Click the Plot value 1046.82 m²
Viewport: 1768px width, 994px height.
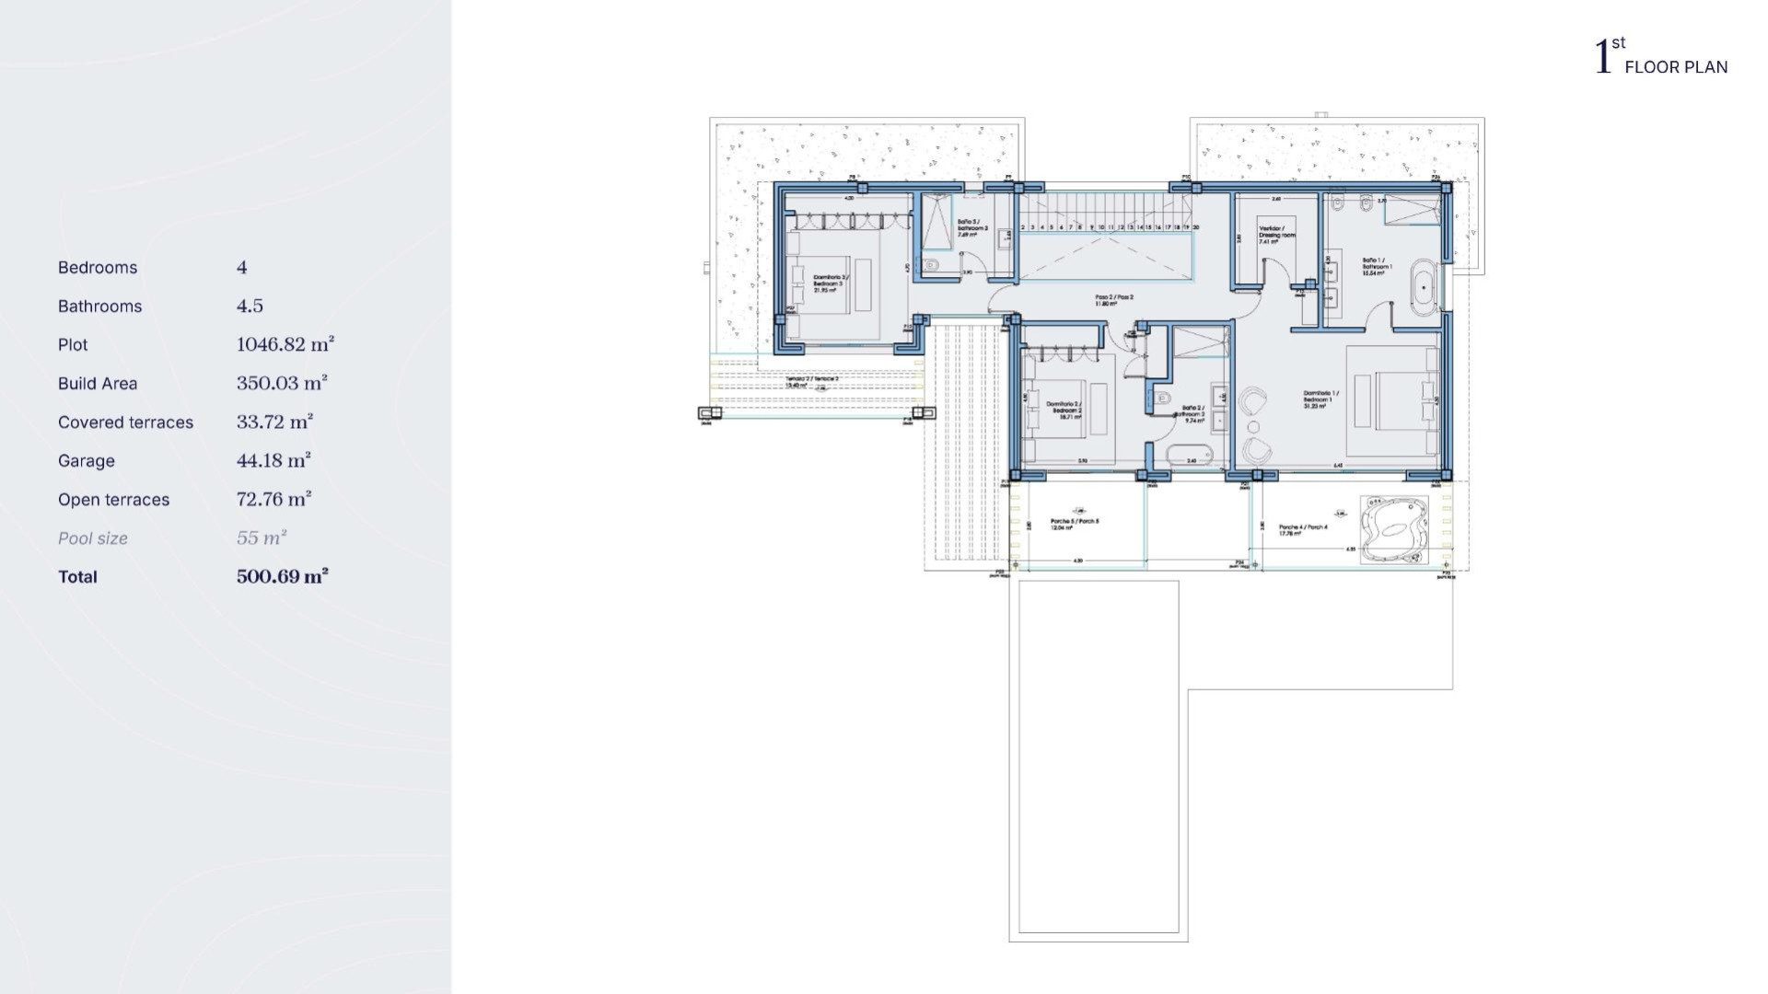coord(285,345)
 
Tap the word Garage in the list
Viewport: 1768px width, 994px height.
coord(87,461)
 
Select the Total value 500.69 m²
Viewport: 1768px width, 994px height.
coord(282,577)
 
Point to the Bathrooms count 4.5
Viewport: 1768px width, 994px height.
coord(250,306)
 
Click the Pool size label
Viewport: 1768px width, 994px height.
coord(93,538)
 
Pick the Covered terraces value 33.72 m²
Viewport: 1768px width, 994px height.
coord(274,422)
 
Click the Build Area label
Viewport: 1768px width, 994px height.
coord(98,384)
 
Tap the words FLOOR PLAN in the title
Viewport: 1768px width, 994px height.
coord(1676,67)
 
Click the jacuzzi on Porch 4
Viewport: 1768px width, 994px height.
coord(1394,530)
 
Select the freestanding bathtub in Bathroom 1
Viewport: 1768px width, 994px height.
coord(1424,288)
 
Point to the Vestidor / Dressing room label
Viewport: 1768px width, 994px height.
coord(1276,234)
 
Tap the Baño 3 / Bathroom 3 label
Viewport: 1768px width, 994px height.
coord(971,226)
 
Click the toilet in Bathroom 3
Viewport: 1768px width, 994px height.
coord(931,266)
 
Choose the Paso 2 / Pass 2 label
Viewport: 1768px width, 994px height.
coord(1113,299)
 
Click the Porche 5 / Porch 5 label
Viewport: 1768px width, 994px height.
coord(1075,524)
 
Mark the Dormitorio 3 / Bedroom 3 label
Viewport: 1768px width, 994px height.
coord(830,282)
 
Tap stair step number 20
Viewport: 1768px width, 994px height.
coord(1196,226)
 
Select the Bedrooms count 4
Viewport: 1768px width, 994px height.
coord(242,268)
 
